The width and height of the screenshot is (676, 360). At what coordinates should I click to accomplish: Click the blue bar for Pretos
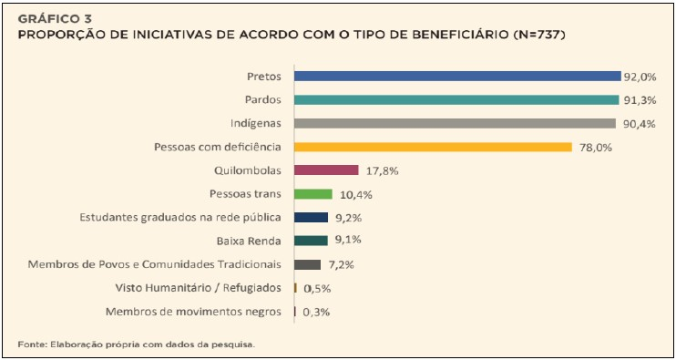[x=456, y=76]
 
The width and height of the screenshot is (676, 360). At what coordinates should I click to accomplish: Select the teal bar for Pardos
[x=456, y=99]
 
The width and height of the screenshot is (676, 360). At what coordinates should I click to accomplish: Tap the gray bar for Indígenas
[x=454, y=123]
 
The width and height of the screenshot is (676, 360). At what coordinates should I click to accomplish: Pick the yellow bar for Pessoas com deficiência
[x=433, y=147]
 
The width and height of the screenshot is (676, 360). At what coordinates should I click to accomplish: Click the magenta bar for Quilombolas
[x=326, y=170]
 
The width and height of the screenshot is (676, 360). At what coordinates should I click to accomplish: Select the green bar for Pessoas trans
[x=313, y=194]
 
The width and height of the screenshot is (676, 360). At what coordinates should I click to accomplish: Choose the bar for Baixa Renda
[x=311, y=241]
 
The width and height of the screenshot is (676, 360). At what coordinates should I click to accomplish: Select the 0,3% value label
[x=315, y=312]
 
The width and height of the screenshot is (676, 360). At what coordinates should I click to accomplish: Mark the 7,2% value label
[x=341, y=264]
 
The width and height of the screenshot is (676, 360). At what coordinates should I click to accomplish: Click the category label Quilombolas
[x=249, y=170]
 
